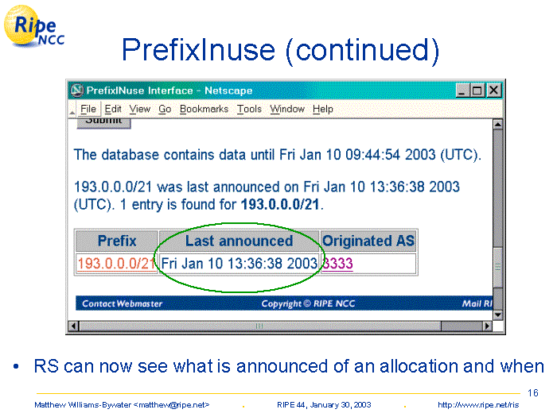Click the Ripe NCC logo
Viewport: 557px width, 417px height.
pyautogui.click(x=33, y=26)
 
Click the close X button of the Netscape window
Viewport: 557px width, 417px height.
pyautogui.click(x=494, y=91)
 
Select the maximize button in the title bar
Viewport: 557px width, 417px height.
pyautogui.click(x=477, y=91)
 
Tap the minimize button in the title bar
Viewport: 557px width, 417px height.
pyautogui.click(x=463, y=91)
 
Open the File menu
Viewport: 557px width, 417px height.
pyautogui.click(x=88, y=109)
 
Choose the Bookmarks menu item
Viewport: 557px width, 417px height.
pyautogui.click(x=204, y=109)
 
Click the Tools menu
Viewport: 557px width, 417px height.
pyautogui.click(x=249, y=109)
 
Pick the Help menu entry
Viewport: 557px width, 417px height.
pyautogui.click(x=322, y=110)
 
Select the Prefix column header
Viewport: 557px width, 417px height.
pyautogui.click(x=117, y=241)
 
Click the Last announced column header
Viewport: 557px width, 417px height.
pyautogui.click(x=239, y=241)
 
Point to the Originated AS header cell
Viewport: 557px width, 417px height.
pyautogui.click(x=368, y=241)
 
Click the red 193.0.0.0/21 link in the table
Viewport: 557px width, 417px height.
pyautogui.click(x=117, y=264)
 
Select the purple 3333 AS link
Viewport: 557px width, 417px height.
pyautogui.click(x=337, y=264)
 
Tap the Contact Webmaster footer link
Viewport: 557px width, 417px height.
pyautogui.click(x=122, y=304)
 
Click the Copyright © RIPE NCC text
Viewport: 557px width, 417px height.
pyautogui.click(x=308, y=304)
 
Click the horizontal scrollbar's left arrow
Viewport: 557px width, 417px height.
pyautogui.click(x=73, y=326)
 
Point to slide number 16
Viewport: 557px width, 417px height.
pyautogui.click(x=533, y=393)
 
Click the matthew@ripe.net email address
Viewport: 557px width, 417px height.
pyautogui.click(x=172, y=405)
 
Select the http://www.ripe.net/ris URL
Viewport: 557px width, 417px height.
pyautogui.click(x=478, y=405)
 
